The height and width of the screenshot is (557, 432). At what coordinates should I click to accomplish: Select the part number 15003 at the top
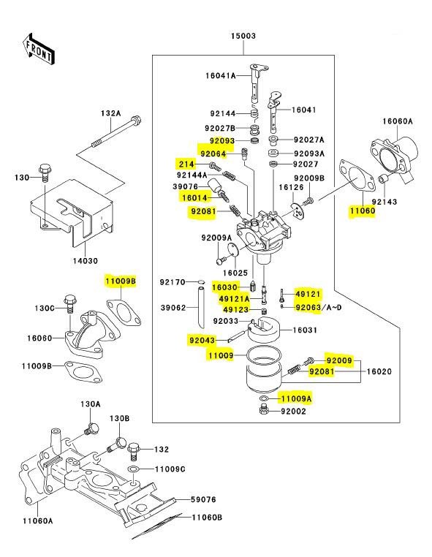pos(243,36)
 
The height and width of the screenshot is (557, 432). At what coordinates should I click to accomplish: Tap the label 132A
pos(111,113)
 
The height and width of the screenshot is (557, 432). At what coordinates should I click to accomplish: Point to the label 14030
pos(83,260)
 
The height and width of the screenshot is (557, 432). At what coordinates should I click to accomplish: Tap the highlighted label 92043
pos(201,340)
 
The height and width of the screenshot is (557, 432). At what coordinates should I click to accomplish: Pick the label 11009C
pos(169,469)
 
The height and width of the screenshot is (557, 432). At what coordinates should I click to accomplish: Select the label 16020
pos(380,372)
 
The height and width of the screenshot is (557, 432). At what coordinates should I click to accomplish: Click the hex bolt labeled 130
pos(43,174)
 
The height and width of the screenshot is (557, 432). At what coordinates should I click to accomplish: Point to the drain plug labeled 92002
pos(262,412)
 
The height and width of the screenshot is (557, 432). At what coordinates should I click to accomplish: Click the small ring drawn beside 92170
pos(200,281)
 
